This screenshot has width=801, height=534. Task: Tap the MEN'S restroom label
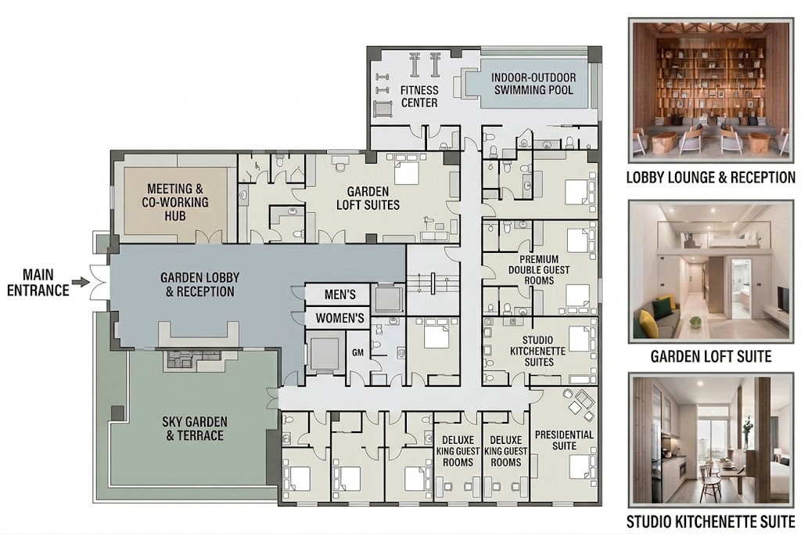[339, 294]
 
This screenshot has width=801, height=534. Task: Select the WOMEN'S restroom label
[339, 318]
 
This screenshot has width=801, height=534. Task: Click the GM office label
[357, 352]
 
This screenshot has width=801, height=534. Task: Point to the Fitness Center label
[419, 96]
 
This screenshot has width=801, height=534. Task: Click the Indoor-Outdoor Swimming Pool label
[533, 84]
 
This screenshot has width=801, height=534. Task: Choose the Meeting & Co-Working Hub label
[175, 202]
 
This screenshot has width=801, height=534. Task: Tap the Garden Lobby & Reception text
[199, 284]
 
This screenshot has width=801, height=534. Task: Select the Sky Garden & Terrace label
[195, 428]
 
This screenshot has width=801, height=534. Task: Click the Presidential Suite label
[564, 440]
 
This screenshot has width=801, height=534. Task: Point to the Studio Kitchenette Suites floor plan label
[537, 351]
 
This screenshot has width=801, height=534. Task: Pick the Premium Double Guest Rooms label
[538, 269]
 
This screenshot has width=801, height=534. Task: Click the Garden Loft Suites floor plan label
[368, 198]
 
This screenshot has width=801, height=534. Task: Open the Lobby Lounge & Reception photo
[710, 91]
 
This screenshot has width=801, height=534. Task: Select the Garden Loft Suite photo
[710, 271]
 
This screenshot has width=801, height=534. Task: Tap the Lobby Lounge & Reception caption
[710, 178]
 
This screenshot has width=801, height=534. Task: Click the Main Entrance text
[38, 283]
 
